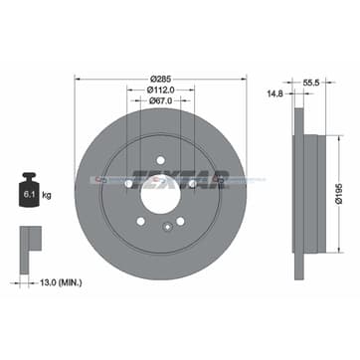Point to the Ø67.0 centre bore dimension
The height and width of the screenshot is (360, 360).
(160, 99)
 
